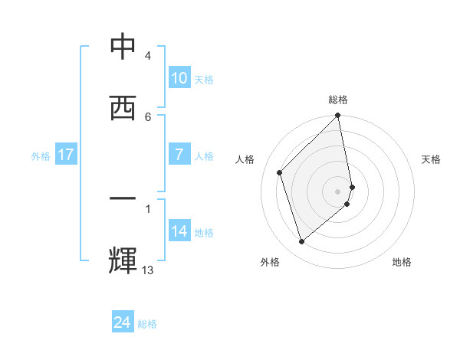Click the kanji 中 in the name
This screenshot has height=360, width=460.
123,48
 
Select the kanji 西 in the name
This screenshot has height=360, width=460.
123,108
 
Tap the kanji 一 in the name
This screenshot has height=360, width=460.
123,199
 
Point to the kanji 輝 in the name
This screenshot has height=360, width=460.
123,260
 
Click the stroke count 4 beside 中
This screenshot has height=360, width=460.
147,56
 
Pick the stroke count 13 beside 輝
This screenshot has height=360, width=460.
148,270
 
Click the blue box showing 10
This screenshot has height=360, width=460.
179,78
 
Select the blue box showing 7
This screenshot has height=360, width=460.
179,155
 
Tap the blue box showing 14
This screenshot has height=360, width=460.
179,231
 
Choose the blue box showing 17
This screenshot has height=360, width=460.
65,155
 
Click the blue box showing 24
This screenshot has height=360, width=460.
123,322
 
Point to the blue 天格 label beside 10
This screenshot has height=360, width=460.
204,79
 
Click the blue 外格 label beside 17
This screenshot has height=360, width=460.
41,155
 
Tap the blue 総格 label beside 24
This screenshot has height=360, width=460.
147,324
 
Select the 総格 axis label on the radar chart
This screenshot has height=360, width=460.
338,100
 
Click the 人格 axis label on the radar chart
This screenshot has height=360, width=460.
245,159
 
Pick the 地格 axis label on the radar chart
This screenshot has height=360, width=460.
402,262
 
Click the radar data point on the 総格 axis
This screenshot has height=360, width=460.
338,116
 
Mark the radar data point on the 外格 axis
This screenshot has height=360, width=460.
301,242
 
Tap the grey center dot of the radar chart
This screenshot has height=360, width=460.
338,191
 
